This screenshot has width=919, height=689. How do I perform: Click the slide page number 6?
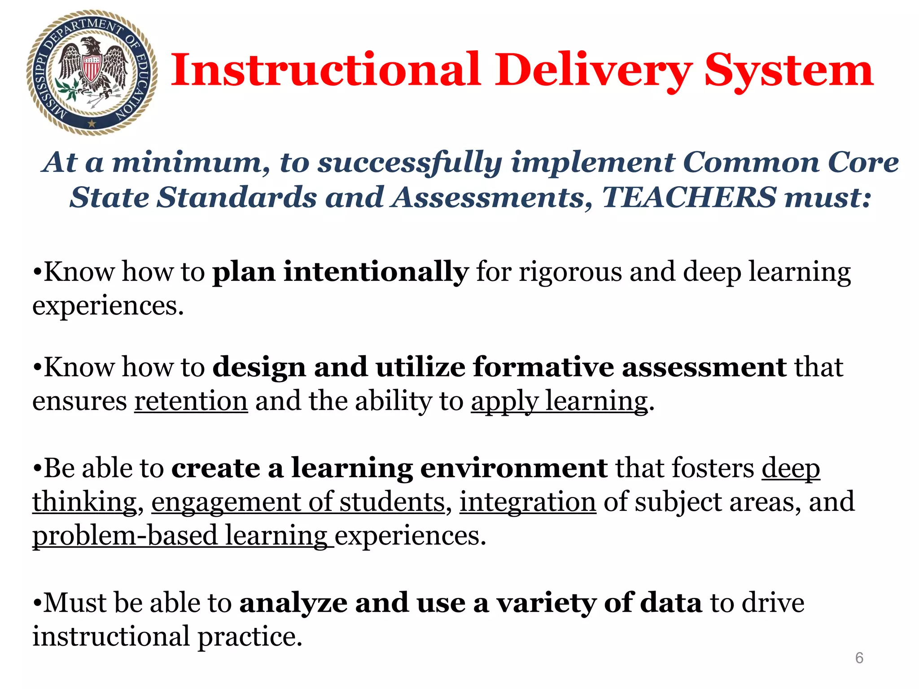(x=859, y=658)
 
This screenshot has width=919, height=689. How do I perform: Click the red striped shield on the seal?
(x=91, y=68)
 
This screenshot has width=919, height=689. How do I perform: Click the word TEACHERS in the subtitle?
(x=689, y=197)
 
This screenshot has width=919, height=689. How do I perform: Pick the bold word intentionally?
(x=376, y=272)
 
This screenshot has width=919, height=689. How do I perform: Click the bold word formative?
(x=543, y=367)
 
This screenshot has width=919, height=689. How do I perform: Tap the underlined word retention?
(x=191, y=401)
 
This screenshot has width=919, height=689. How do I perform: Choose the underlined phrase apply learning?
(x=559, y=401)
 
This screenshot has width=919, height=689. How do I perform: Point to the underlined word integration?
(x=528, y=501)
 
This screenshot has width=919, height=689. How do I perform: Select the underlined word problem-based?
(x=125, y=536)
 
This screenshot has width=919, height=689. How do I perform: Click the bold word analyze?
(x=293, y=603)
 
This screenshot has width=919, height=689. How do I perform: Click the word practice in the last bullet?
(x=250, y=637)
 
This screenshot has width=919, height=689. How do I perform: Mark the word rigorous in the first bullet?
(x=570, y=273)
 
